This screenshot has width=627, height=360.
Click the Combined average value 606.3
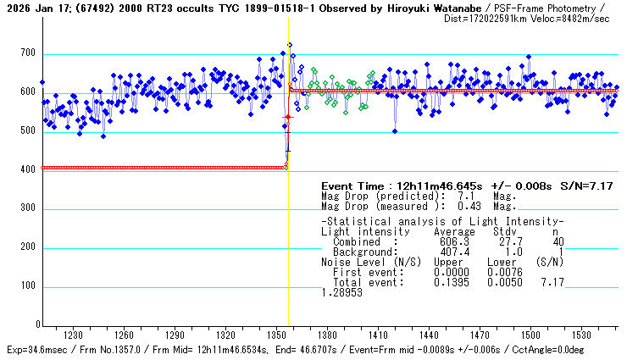454,242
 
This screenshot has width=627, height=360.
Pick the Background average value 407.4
454,252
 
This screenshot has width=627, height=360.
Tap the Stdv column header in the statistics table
505,232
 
